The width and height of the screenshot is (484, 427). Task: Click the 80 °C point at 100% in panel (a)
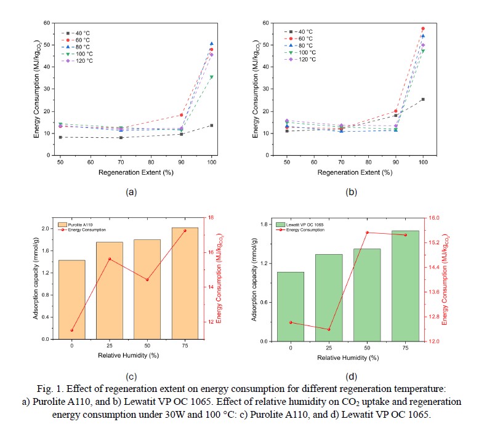click(x=212, y=44)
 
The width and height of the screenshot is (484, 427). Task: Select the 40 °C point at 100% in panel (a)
click(x=212, y=126)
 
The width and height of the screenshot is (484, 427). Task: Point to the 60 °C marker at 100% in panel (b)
click(x=423, y=28)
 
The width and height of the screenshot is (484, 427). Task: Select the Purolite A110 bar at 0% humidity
click(x=71, y=299)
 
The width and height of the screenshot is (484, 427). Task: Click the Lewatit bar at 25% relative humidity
click(x=329, y=297)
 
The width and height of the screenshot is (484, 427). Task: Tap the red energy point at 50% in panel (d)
click(x=367, y=233)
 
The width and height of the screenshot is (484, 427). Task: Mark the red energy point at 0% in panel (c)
click(x=71, y=330)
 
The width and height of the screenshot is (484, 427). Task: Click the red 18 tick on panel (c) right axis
click(x=211, y=218)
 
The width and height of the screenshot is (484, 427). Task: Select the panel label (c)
click(x=131, y=377)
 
